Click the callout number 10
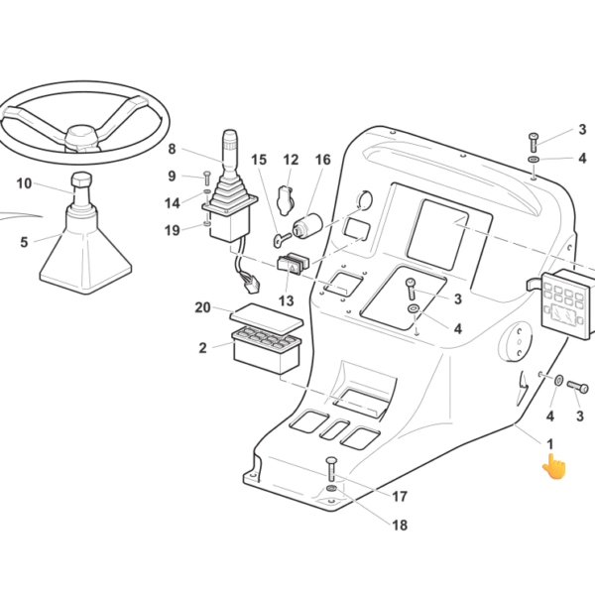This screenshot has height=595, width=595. pyautogui.click(x=24, y=183)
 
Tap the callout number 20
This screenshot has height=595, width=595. pyautogui.click(x=202, y=307)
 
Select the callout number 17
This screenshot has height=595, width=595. pyautogui.click(x=400, y=497)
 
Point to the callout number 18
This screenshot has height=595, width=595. pyautogui.click(x=400, y=526)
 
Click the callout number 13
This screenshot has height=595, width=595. pyautogui.click(x=287, y=300)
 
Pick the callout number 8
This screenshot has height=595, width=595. pyautogui.click(x=172, y=149)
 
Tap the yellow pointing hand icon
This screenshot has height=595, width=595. pyautogui.click(x=554, y=466)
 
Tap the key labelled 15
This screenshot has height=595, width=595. pyautogui.click(x=282, y=238)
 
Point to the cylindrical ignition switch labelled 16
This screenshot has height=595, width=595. pyautogui.click(x=306, y=226)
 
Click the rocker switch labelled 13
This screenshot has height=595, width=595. pyautogui.click(x=293, y=264)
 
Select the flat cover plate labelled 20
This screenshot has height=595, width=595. pyautogui.click(x=268, y=318)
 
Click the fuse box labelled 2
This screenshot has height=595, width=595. pyautogui.click(x=267, y=350)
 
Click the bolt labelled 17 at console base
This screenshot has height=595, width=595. pyautogui.click(x=331, y=469)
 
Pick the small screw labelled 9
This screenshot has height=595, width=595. pyautogui.click(x=207, y=178)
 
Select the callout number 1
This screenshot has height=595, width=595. pyautogui.click(x=549, y=443)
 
